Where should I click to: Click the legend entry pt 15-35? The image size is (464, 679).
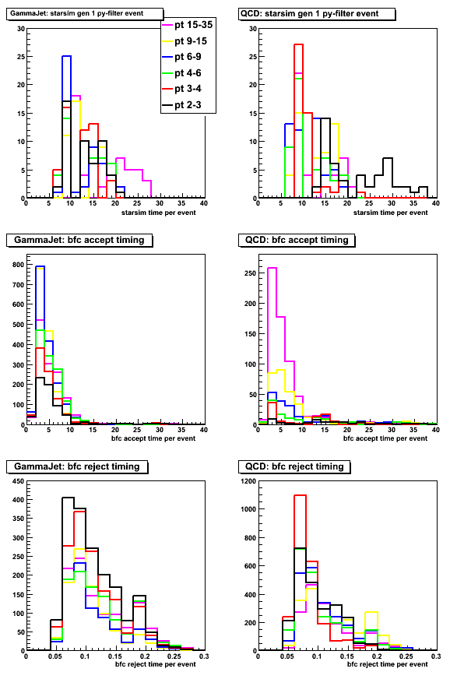(x=188, y=25)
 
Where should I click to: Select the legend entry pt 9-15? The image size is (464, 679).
(x=185, y=41)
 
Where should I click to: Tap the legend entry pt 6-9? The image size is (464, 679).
(x=182, y=57)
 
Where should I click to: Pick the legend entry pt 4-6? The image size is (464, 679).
(x=182, y=72)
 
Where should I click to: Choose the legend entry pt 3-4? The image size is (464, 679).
(x=182, y=89)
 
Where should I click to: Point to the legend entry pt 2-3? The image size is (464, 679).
(x=182, y=105)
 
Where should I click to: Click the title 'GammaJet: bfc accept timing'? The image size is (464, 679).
(x=79, y=240)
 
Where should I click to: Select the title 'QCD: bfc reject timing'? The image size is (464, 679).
(x=294, y=466)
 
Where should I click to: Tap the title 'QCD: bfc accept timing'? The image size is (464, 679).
(x=297, y=240)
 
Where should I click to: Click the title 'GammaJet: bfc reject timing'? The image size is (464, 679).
(x=77, y=466)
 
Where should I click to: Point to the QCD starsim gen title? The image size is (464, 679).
(x=310, y=13)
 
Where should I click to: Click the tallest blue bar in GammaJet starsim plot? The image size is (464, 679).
(x=66, y=127)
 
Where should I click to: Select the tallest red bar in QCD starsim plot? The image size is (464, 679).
(x=298, y=121)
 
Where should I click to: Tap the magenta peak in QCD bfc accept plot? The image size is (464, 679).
(x=272, y=346)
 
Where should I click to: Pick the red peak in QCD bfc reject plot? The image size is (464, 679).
(x=300, y=572)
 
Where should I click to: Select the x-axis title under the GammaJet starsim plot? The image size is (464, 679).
(x=158, y=213)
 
